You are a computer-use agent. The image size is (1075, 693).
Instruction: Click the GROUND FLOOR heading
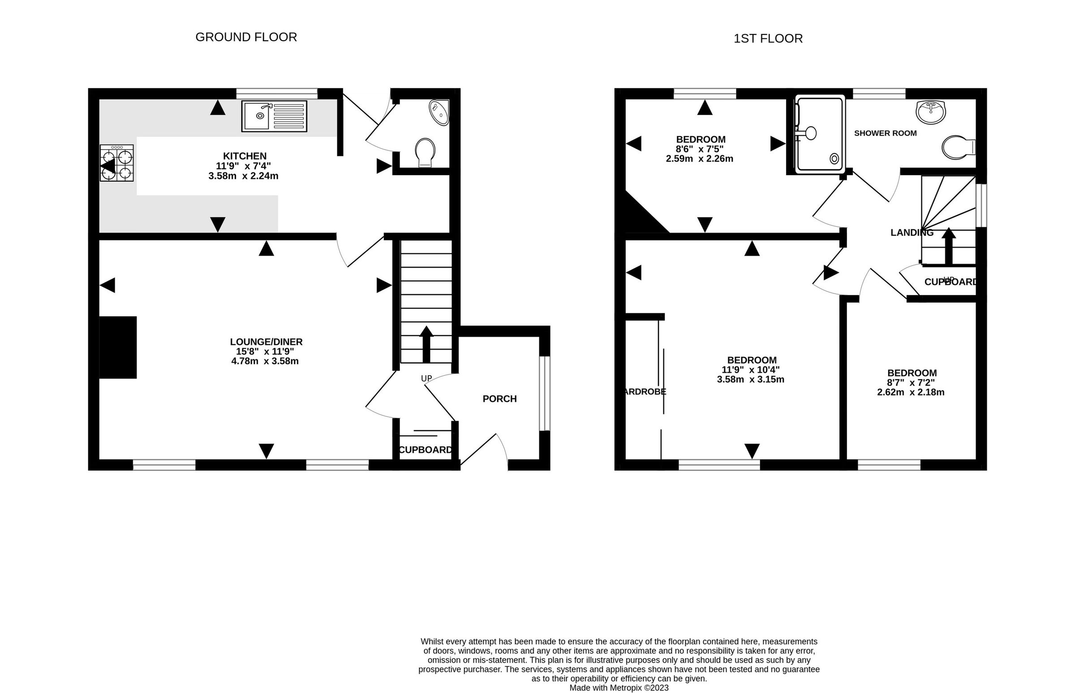(x=246, y=37)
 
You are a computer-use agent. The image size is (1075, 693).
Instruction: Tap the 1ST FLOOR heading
(x=768, y=38)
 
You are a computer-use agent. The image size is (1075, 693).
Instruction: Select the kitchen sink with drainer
(x=274, y=116)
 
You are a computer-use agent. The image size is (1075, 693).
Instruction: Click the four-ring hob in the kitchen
(x=117, y=163)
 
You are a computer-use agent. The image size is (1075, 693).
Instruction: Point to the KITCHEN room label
(x=245, y=156)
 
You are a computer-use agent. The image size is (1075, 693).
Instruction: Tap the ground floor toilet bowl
(x=425, y=152)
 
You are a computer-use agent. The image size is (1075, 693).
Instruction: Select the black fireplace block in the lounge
(x=118, y=347)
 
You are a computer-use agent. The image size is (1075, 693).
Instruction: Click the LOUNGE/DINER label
(x=266, y=342)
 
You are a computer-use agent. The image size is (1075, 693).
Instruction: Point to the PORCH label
(x=499, y=399)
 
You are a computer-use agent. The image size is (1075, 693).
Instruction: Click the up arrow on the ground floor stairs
(x=426, y=344)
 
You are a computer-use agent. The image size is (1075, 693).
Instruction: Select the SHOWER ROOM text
(x=885, y=133)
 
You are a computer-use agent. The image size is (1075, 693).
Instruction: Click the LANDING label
(x=912, y=233)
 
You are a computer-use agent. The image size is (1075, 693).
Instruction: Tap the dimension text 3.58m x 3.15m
(x=750, y=379)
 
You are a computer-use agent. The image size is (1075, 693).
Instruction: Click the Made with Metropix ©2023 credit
(x=619, y=688)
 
